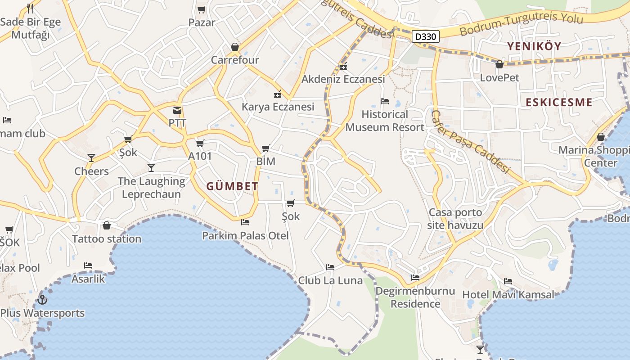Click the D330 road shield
point(425,36)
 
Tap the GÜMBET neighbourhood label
point(232,186)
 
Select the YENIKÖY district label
point(534,46)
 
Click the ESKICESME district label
point(559,102)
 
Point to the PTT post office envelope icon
point(177,110)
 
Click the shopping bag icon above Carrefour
point(234,47)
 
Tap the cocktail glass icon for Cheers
point(91,158)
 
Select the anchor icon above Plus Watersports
point(42,299)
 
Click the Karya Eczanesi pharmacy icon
point(278,94)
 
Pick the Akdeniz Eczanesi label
point(343,79)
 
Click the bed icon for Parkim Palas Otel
point(245,222)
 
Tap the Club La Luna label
point(330,280)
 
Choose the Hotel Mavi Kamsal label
point(508,295)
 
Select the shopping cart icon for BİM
point(265,148)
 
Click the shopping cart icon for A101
point(200,144)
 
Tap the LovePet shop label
point(499,77)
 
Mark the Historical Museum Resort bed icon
point(384,101)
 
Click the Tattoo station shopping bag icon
point(107,225)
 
